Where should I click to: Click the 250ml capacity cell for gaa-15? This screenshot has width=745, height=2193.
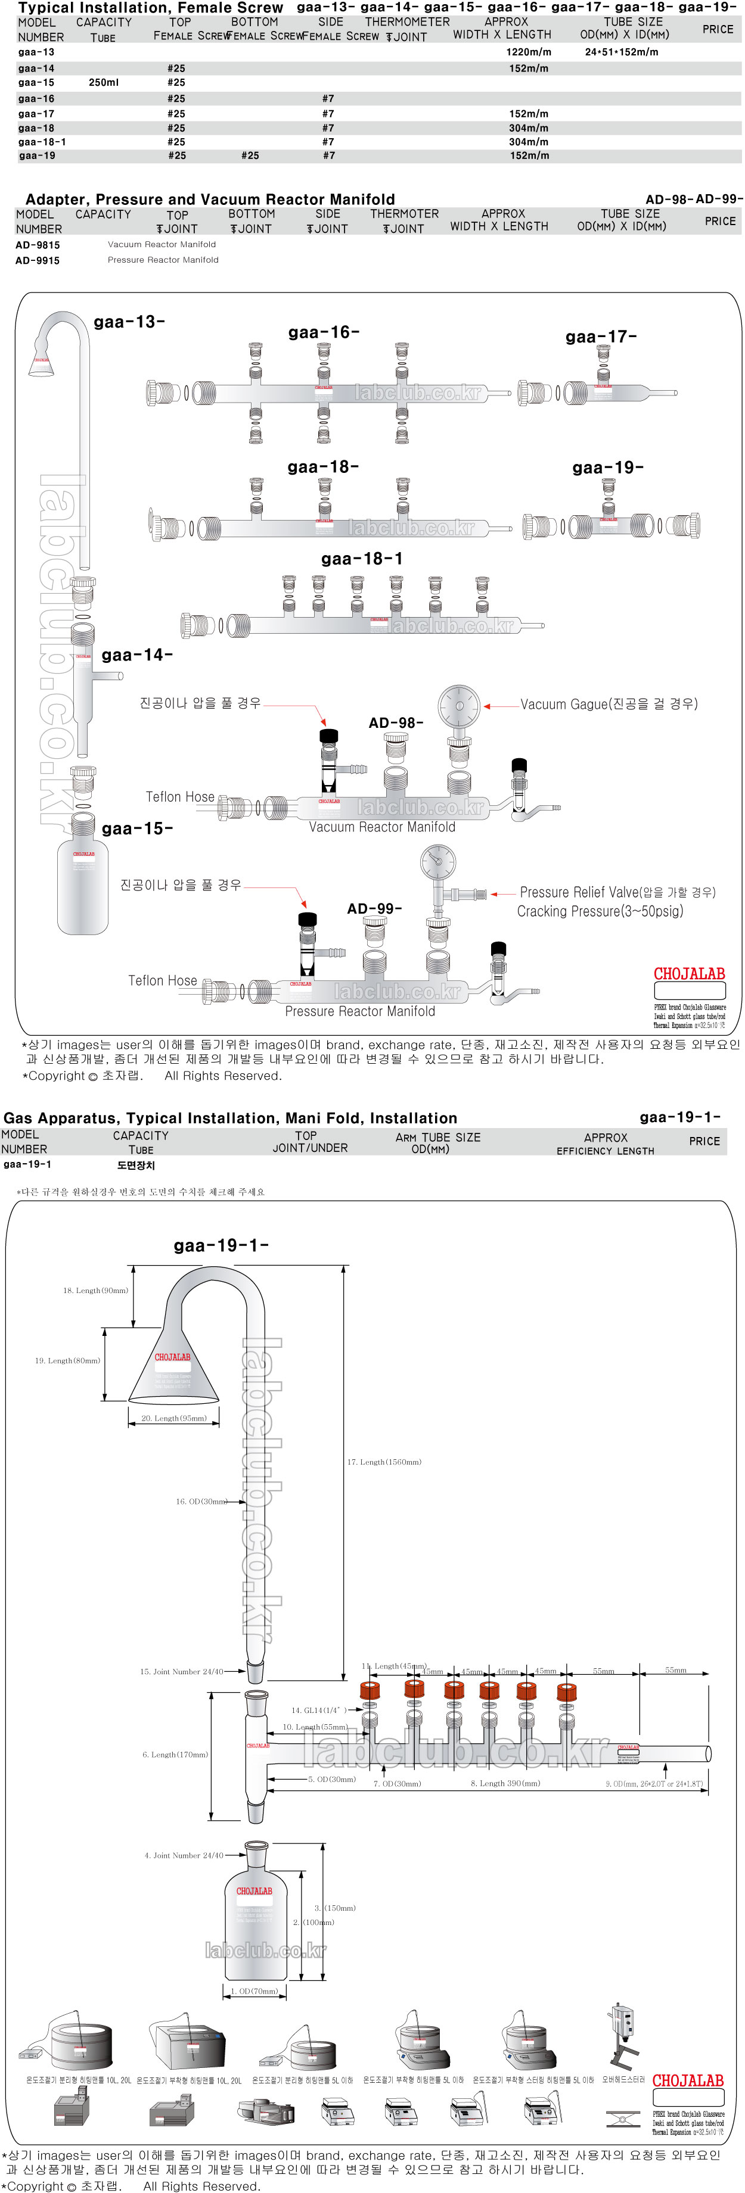[104, 83]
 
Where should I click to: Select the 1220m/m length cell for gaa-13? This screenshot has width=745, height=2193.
[528, 52]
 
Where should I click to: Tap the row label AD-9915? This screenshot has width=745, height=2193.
[38, 260]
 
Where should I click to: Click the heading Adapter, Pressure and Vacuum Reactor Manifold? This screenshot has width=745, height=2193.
[210, 199]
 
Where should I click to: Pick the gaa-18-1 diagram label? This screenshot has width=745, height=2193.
[362, 559]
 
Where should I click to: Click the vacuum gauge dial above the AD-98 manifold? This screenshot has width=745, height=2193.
[459, 705]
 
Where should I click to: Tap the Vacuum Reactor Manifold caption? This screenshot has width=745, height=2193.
[381, 827]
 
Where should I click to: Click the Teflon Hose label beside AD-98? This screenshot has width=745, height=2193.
[179, 797]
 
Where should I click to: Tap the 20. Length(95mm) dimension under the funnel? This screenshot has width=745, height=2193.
[173, 1418]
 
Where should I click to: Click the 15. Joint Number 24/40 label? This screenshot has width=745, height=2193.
[181, 1672]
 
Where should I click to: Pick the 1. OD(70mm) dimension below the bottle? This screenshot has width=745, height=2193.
[254, 1991]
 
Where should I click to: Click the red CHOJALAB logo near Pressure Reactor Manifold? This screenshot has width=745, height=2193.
[689, 974]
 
